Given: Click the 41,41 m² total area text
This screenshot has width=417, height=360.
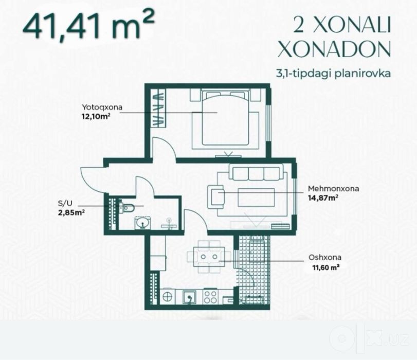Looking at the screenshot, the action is click(x=88, y=26).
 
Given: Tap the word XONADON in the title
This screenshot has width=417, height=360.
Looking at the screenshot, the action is click(x=334, y=49).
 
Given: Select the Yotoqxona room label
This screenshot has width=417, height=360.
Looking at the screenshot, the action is click(x=102, y=107).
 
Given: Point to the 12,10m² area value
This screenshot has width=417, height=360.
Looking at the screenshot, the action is click(x=96, y=117).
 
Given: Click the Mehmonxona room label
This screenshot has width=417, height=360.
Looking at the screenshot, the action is click(x=334, y=189).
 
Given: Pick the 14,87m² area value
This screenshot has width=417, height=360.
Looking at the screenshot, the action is click(x=323, y=198).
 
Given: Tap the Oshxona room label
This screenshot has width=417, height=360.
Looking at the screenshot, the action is click(x=325, y=257).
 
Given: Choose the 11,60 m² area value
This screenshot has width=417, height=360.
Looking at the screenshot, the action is click(x=326, y=267).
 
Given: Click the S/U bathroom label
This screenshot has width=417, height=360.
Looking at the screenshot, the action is click(x=65, y=204).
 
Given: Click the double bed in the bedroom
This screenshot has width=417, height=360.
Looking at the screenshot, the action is click(x=226, y=118).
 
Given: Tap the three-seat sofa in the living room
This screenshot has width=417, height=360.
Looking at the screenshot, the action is click(x=256, y=172).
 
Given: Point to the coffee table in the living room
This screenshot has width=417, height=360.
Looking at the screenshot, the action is click(x=256, y=197).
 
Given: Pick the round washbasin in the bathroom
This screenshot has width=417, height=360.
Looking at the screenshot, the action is click(x=143, y=223).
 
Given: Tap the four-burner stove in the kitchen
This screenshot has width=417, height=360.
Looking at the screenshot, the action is click(x=210, y=297).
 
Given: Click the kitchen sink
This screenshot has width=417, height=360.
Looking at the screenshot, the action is click(x=189, y=297).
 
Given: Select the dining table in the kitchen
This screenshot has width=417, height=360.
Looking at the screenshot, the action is click(x=209, y=257).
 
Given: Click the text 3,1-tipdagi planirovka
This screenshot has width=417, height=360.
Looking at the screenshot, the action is click(x=334, y=73).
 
